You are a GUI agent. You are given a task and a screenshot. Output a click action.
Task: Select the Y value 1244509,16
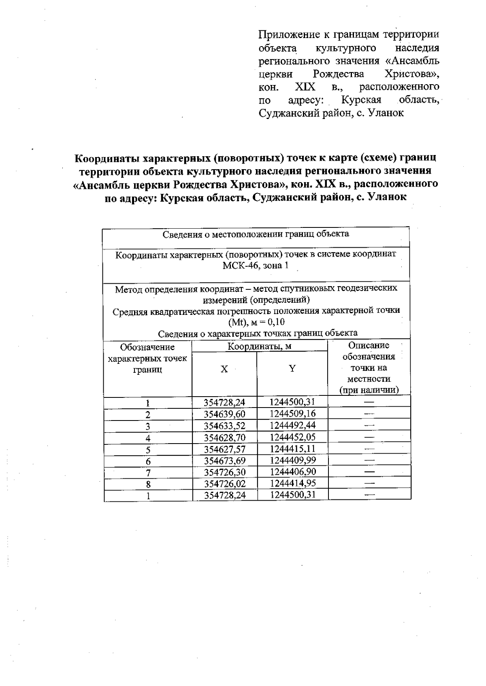pyautogui.click(x=292, y=414)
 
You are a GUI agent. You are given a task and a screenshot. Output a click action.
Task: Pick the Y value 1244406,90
pyautogui.click(x=292, y=472)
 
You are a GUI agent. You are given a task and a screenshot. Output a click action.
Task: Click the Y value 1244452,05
pyautogui.click(x=292, y=437)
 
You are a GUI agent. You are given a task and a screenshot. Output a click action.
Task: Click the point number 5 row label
pyautogui.click(x=148, y=449)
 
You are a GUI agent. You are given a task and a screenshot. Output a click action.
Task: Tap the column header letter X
pyautogui.click(x=224, y=369)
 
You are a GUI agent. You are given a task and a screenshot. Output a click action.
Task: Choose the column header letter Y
pyautogui.click(x=292, y=368)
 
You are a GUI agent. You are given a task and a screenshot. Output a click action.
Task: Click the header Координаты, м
pyautogui.click(x=259, y=346)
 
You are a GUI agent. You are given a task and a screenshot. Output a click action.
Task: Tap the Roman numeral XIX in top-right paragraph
pyautogui.click(x=305, y=87)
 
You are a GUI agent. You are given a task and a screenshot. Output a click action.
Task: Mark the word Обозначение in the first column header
pyautogui.click(x=147, y=347)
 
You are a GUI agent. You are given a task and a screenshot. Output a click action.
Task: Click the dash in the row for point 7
pyautogui.click(x=369, y=472)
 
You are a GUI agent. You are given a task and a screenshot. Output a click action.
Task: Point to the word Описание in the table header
pyautogui.click(x=369, y=346)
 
